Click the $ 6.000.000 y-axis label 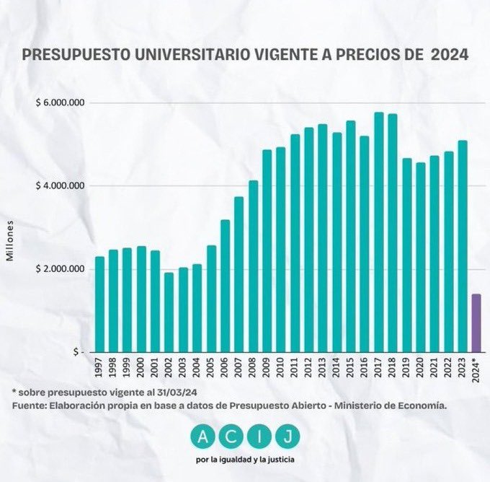click(x=61, y=103)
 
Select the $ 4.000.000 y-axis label click(x=61, y=186)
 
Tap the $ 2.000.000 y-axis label click(x=61, y=269)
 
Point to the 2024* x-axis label click(x=476, y=369)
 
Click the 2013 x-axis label click(x=322, y=367)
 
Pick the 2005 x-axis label click(x=210, y=367)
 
